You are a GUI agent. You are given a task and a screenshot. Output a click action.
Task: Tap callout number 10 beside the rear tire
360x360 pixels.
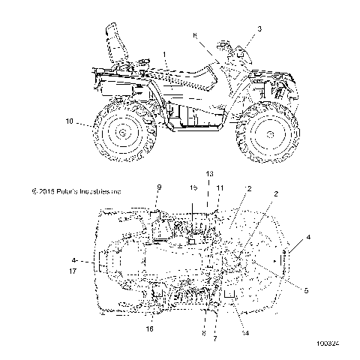pyautogui.click(x=70, y=121)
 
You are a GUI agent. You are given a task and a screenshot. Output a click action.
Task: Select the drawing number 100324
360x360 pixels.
pyautogui.click(x=329, y=344)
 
